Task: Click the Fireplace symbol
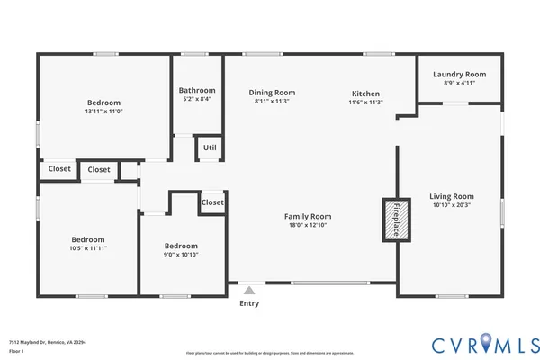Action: tap(393, 220)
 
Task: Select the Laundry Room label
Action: tap(459, 75)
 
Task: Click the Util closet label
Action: tap(210, 148)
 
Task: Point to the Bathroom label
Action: tap(197, 90)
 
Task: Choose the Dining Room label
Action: tap(272, 93)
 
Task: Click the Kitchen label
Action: tap(365, 94)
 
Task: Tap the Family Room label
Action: tap(308, 216)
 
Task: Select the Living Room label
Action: tap(451, 196)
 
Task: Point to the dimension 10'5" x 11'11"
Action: tap(88, 248)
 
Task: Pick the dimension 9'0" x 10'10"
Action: tap(181, 255)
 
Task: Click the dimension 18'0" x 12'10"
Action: tap(308, 225)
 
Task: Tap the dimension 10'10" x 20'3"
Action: tap(451, 205)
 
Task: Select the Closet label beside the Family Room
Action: tap(212, 202)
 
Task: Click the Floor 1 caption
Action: tap(15, 351)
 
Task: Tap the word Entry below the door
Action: tap(249, 303)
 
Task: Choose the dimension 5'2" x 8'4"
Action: tap(197, 99)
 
